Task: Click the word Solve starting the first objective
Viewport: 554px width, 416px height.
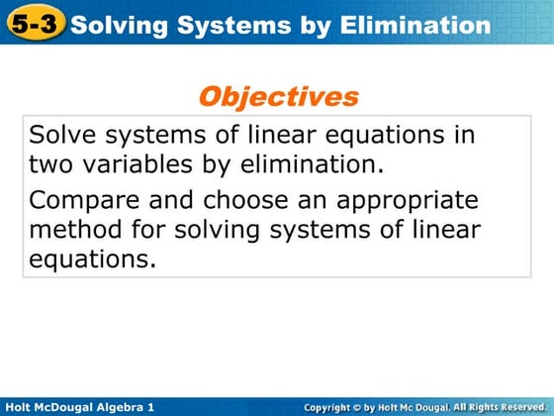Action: click(60, 135)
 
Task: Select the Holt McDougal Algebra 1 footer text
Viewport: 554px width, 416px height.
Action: click(80, 406)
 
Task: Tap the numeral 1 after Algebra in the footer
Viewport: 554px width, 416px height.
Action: click(150, 406)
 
